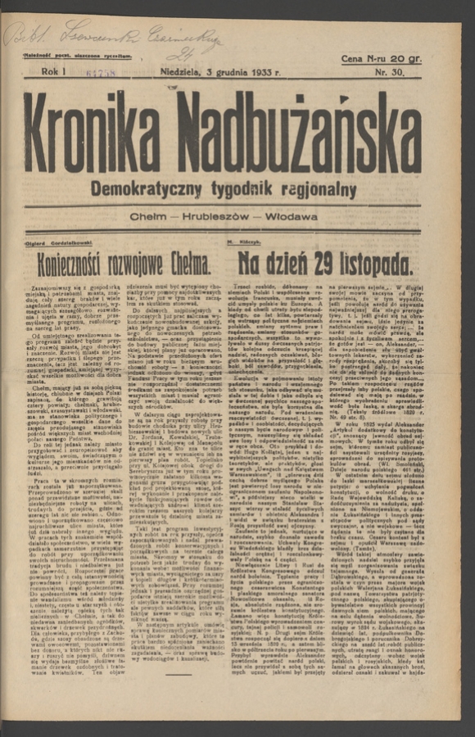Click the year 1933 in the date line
point(261,73)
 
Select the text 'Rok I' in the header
point(52,73)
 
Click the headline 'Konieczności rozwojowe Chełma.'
point(123,263)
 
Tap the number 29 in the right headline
point(327,263)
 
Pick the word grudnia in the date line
point(228,73)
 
